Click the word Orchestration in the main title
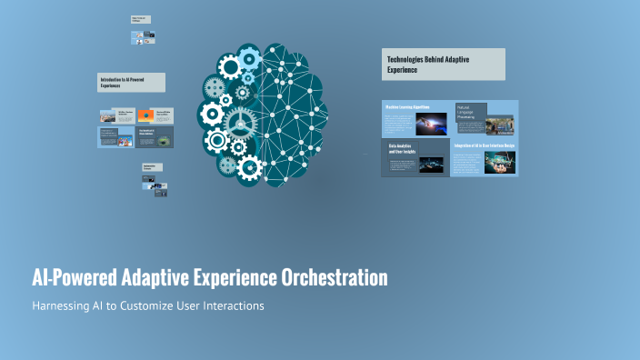tap(333, 277)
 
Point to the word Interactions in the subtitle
tap(232, 306)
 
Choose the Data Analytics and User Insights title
tap(400, 148)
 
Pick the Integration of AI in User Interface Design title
tap(485, 145)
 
